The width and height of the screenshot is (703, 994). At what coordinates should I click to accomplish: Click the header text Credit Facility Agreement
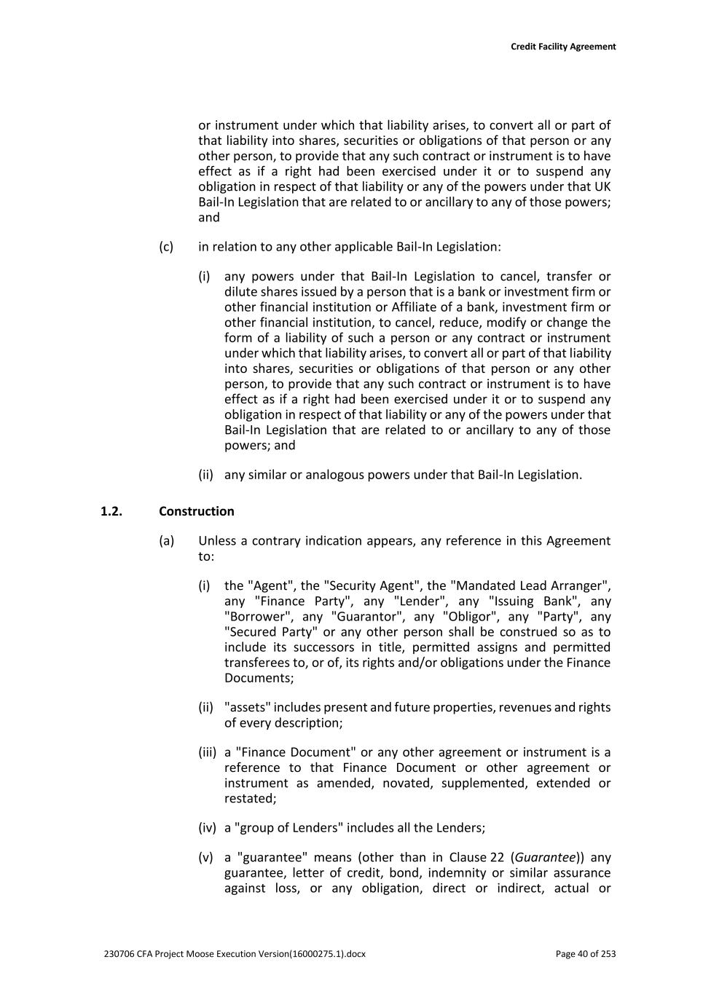562,47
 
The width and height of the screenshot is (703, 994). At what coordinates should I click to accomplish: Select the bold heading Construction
197,511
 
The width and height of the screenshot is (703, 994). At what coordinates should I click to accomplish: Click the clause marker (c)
166,246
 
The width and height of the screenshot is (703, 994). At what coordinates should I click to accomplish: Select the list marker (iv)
207,828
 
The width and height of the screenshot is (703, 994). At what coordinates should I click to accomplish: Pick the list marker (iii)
207,752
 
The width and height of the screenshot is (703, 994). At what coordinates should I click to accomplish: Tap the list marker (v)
205,858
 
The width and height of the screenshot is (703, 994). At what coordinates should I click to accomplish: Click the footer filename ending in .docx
235,954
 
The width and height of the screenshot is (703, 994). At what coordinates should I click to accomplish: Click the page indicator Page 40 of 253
585,954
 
